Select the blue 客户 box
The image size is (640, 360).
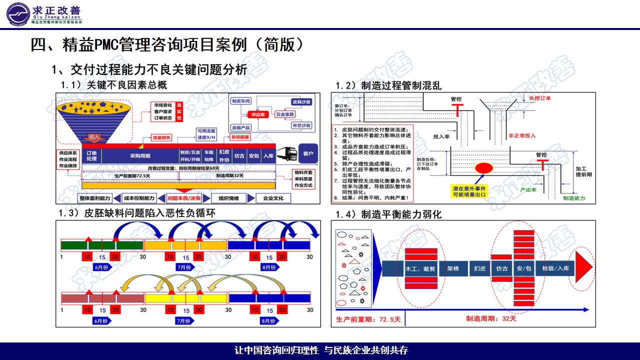[308, 153]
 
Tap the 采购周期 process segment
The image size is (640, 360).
[140, 155]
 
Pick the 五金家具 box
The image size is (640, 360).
[286, 114]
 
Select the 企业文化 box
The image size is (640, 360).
[273, 198]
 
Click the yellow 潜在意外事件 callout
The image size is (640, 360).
[469, 191]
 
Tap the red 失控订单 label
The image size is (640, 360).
[540, 98]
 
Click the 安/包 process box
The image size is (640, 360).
[524, 268]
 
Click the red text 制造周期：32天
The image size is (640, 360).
[491, 318]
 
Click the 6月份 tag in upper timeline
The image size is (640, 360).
[102, 267]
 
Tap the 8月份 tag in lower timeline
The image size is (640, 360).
[268, 320]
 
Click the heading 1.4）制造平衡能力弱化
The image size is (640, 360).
[388, 214]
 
